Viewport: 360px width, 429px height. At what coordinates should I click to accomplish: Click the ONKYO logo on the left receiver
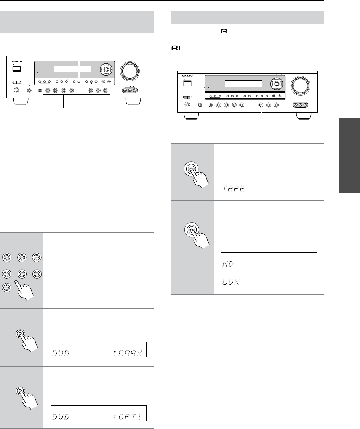point(16,61)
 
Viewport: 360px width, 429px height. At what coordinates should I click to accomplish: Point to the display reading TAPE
point(269,185)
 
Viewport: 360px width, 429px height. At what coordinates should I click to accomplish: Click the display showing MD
point(269,260)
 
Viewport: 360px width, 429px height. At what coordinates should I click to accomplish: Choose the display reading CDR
point(269,278)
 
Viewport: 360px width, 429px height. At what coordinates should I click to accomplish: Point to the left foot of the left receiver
point(20,102)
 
